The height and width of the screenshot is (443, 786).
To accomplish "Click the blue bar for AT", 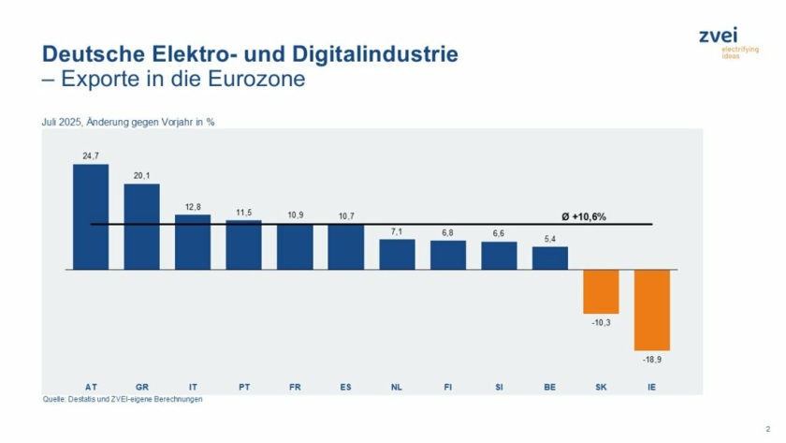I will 91,217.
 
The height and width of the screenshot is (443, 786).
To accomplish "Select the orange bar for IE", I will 651,309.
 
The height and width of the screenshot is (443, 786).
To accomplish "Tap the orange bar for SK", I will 601,291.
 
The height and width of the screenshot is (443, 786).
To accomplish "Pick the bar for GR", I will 142,227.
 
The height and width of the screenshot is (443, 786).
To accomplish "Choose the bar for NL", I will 397,254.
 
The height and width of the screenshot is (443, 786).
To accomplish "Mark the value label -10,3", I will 601,323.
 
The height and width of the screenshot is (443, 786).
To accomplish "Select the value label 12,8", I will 193,205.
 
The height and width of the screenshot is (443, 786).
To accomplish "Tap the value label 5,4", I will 550,237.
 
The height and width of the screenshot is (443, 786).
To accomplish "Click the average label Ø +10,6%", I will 583,216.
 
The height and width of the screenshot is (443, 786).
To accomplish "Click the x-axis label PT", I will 243,386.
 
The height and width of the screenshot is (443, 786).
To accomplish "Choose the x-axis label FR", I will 295,386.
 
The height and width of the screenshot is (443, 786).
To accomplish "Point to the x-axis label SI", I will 499,386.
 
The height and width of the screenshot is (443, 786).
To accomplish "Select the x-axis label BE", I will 550,386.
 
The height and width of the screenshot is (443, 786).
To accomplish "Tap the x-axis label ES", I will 345,386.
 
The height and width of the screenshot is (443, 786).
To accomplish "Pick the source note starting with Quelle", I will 123,399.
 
